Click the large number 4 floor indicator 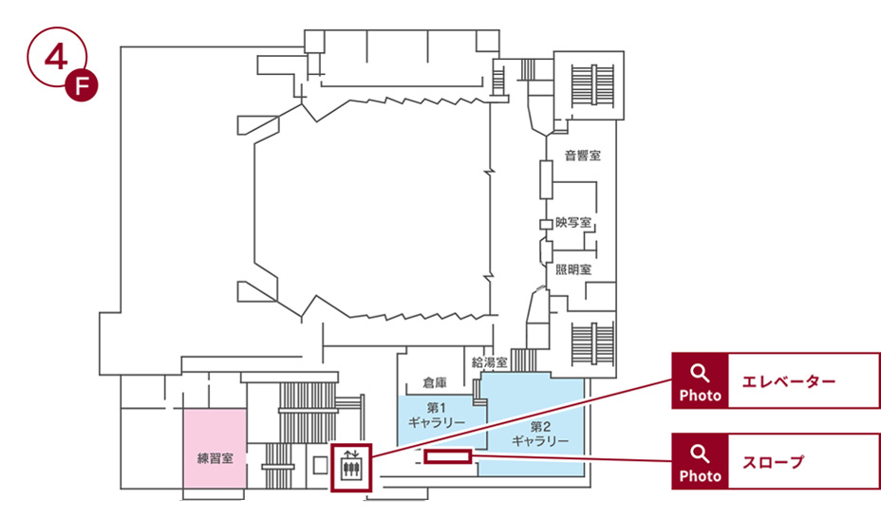54,56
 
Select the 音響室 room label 582,156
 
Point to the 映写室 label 573,223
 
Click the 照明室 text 573,269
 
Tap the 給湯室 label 490,362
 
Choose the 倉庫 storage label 435,383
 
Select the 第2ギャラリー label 539,434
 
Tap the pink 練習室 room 215,448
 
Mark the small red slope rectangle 448,458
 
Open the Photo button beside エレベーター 700,381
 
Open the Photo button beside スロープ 700,462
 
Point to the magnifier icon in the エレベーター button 700,372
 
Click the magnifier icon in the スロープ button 700,452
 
